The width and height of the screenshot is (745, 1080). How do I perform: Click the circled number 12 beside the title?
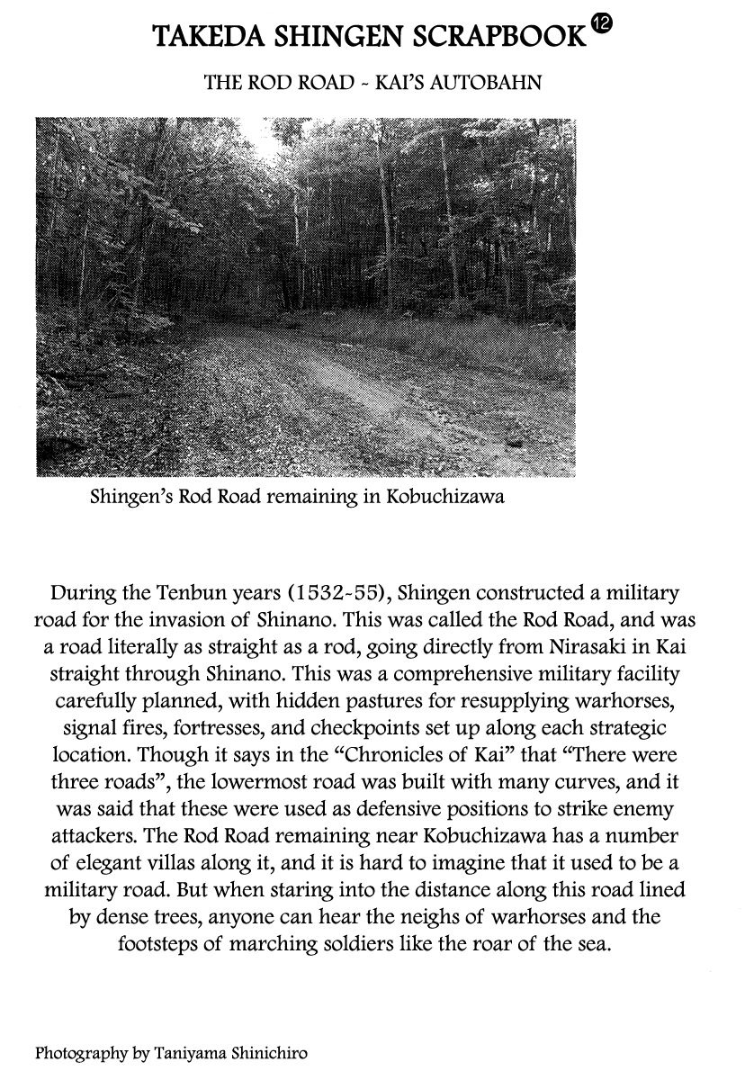[x=602, y=28]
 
